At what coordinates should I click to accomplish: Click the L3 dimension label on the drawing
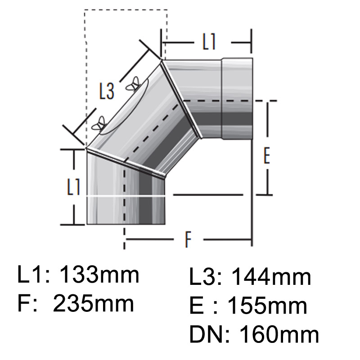click(107, 92)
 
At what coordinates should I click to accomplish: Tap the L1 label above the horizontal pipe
click(209, 42)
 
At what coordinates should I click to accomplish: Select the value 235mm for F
click(94, 304)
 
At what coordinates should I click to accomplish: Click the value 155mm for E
click(268, 306)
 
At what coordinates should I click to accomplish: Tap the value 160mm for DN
click(279, 335)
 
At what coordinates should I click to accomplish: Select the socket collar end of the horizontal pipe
click(237, 99)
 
